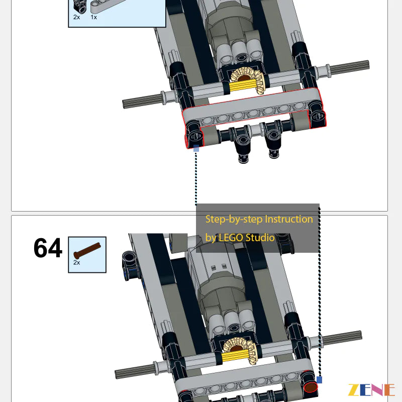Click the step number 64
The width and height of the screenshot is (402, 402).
tap(48, 249)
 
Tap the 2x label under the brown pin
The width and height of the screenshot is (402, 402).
tap(77, 262)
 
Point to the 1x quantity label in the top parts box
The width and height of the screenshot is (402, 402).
tap(93, 17)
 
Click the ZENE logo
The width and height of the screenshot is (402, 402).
tap(371, 390)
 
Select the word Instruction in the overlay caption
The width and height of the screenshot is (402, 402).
tap(288, 220)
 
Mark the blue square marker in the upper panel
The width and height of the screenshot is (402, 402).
tap(196, 148)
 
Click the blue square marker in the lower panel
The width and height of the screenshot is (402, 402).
tap(319, 380)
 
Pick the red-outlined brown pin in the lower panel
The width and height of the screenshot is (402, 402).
tap(311, 387)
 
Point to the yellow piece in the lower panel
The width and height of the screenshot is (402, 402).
tap(235, 357)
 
